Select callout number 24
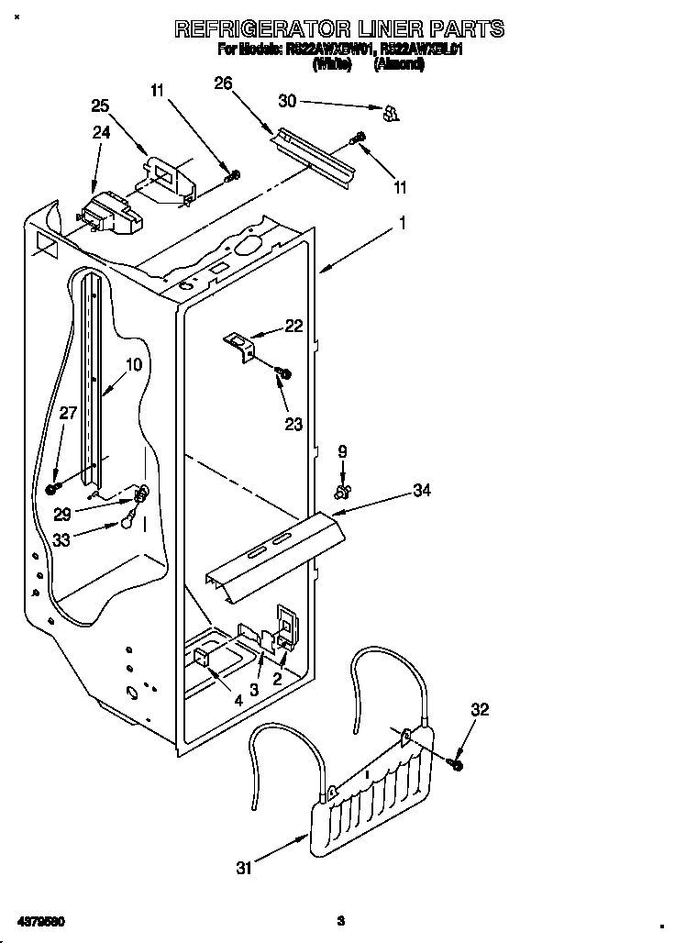point(101,132)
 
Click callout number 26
point(223,83)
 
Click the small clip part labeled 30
point(391,113)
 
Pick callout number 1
point(402,222)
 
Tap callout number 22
point(293,326)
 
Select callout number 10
point(134,364)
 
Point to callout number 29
point(62,515)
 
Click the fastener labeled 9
point(343,493)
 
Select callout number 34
point(421,492)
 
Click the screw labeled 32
point(456,763)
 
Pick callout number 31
point(243,868)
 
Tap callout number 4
point(238,701)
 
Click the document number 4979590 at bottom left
point(39,920)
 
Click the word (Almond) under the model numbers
point(399,65)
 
